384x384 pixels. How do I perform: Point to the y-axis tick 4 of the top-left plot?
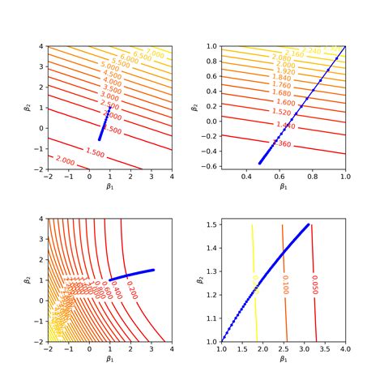[x=41, y=46]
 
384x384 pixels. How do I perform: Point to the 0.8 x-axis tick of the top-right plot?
[x=314, y=177]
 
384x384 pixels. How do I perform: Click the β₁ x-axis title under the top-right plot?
[x=283, y=187]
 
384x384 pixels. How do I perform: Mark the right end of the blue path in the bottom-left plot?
[x=152, y=270]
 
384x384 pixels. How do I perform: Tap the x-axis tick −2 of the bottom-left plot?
[x=48, y=350]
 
